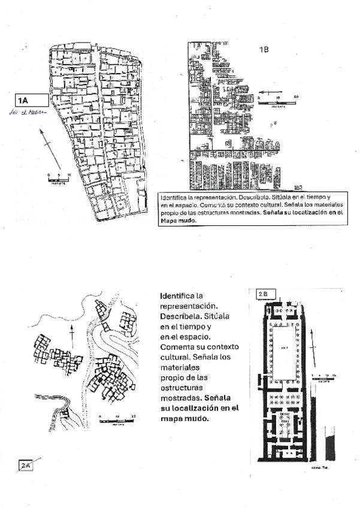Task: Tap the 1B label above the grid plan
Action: (x=264, y=50)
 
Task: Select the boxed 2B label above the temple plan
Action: (x=265, y=294)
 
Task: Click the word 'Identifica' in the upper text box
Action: (x=174, y=197)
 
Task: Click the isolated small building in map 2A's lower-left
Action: (x=65, y=415)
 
